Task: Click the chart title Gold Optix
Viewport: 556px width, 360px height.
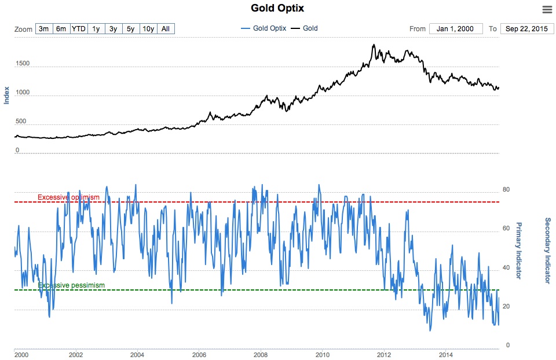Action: pyautogui.click(x=277, y=8)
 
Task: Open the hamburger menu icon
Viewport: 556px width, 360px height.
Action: pyautogui.click(x=547, y=9)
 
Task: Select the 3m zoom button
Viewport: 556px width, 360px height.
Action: pyautogui.click(x=43, y=28)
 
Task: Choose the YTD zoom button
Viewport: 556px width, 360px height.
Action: pyautogui.click(x=79, y=28)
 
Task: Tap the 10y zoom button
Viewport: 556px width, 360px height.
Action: pyautogui.click(x=148, y=28)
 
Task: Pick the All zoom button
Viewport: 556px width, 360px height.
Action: pyautogui.click(x=166, y=28)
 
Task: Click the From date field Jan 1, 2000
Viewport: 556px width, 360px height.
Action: pyautogui.click(x=456, y=29)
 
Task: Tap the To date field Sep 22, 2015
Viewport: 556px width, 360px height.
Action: pyautogui.click(x=526, y=29)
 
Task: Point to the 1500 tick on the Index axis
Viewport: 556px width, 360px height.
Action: pyautogui.click(x=22, y=64)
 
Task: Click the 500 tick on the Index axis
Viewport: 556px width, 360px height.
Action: pyautogui.click(x=21, y=122)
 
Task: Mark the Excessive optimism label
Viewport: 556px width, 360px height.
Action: pyautogui.click(x=68, y=197)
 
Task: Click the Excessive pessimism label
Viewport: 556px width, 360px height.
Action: pyautogui.click(x=71, y=285)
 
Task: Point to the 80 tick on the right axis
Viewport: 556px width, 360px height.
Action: pyautogui.click(x=506, y=189)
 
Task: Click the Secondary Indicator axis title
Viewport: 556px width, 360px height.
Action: pyautogui.click(x=547, y=251)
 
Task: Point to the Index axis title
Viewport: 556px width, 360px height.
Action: pyautogui.click(x=7, y=95)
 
